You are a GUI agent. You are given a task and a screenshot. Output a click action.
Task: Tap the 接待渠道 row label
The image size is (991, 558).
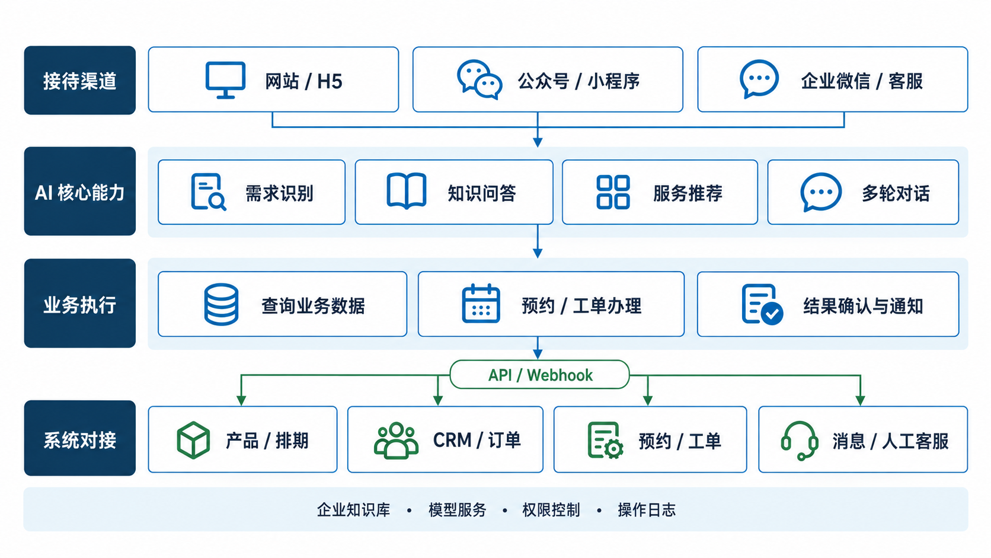click(79, 81)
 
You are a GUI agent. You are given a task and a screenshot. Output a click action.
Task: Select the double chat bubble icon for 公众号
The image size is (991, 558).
click(479, 79)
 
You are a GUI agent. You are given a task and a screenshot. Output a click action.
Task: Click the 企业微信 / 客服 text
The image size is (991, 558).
click(862, 81)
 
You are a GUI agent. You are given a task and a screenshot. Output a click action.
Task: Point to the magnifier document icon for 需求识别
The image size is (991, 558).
click(209, 192)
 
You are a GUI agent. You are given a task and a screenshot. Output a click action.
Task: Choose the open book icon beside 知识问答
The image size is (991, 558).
click(406, 191)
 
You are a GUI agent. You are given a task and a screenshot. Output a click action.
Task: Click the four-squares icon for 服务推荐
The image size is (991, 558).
click(613, 192)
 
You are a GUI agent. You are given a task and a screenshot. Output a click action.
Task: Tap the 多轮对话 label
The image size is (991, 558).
click(896, 193)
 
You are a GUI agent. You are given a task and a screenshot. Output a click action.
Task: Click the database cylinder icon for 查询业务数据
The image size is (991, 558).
click(221, 304)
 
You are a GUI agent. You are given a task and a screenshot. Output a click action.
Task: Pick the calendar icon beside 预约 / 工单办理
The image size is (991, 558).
click(481, 304)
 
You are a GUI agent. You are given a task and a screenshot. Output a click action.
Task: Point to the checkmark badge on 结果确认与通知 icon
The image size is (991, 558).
click(772, 314)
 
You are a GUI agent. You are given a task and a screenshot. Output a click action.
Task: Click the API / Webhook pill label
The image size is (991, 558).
click(540, 375)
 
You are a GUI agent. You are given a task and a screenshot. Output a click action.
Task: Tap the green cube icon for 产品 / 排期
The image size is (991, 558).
click(193, 440)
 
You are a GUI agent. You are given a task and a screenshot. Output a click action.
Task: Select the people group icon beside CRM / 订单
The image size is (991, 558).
click(396, 440)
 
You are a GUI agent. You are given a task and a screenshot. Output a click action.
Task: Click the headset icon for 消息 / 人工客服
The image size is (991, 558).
click(800, 441)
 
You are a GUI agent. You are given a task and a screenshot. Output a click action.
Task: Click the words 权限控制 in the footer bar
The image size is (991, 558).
click(551, 510)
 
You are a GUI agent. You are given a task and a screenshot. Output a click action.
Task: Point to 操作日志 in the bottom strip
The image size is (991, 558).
click(647, 510)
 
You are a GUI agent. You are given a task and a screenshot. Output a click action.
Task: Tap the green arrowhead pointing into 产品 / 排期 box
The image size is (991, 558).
click(241, 400)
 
